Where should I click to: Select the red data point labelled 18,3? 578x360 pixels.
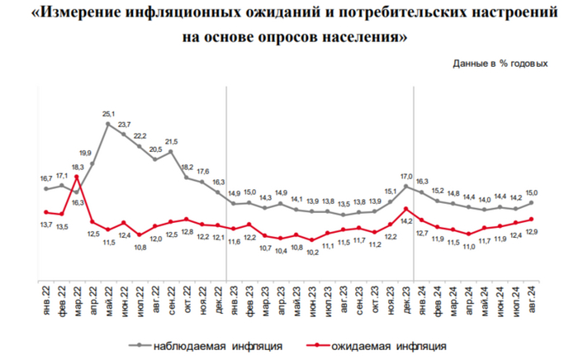[x=77, y=177]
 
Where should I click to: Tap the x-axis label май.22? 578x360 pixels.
[x=108, y=300]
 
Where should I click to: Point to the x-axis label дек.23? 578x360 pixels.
[x=407, y=300]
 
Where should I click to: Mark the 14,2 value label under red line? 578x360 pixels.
[x=407, y=221]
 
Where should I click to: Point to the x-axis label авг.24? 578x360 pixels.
[x=532, y=300]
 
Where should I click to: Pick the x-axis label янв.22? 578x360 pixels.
[x=46, y=300]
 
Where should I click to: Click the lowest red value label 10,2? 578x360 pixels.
[x=313, y=252]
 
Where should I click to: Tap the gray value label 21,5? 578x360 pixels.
[x=171, y=141]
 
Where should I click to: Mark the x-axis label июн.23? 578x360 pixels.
[x=313, y=300]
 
